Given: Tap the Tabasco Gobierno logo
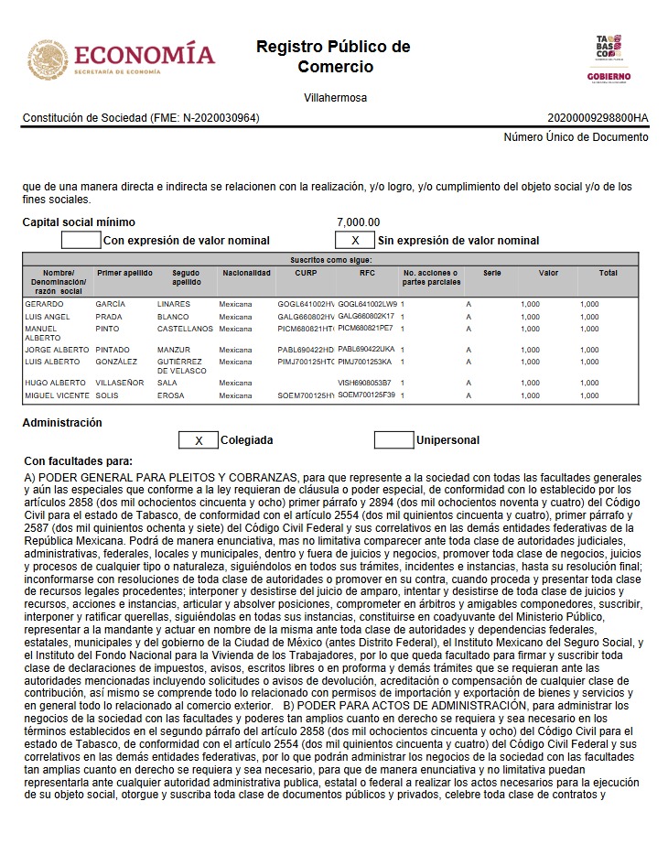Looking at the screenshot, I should click(x=609, y=59).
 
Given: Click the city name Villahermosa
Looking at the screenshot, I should click(x=335, y=98).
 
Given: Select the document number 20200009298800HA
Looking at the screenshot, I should click(x=598, y=118).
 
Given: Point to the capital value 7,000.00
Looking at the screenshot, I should click(x=358, y=222).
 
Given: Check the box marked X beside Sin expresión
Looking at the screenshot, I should click(x=355, y=241).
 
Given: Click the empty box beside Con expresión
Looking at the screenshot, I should click(x=81, y=241).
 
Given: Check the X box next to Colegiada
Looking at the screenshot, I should click(x=198, y=440).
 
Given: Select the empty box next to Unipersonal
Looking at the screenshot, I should click(x=393, y=440).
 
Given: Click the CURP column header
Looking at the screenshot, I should click(x=306, y=273).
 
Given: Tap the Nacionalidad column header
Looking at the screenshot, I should click(x=246, y=273).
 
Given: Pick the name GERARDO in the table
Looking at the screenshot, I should click(x=44, y=304).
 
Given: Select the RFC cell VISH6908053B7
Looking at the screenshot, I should click(x=364, y=383).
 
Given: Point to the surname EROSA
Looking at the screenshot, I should click(x=171, y=395).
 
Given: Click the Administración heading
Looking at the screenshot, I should click(x=62, y=423).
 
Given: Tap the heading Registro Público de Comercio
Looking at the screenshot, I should click(x=333, y=57).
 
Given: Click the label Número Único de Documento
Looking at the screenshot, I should click(x=576, y=137).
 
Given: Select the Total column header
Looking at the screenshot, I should click(x=608, y=273).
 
